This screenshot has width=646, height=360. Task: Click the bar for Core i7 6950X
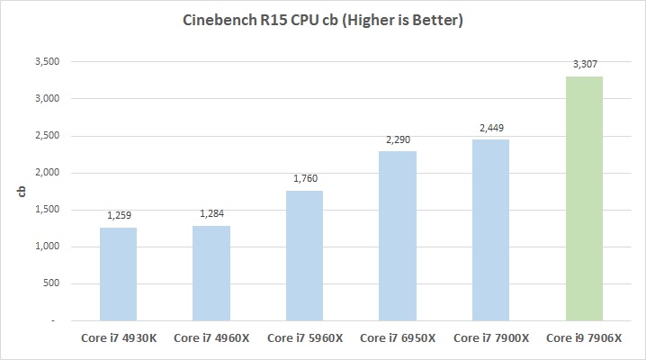point(398,236)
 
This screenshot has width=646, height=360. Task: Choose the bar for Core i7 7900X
point(490,229)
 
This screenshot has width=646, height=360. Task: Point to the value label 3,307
point(583,66)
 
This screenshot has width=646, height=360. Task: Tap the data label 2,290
point(398,140)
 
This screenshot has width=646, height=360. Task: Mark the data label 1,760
point(304,179)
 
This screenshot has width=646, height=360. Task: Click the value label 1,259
point(119,217)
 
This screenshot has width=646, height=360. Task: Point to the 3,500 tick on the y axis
point(46,62)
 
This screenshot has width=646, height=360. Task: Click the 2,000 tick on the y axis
point(46,173)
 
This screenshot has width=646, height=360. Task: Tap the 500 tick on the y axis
point(51,283)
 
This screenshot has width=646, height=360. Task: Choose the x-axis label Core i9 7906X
point(583,338)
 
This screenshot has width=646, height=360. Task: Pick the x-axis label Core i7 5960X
point(304,338)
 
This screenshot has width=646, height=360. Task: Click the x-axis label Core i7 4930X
point(119,338)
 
